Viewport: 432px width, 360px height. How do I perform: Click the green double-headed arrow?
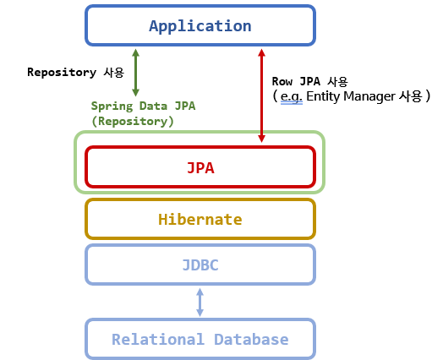[x=135, y=73]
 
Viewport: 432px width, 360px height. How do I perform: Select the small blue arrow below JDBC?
[x=200, y=302]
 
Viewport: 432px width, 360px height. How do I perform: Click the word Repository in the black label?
[x=61, y=73]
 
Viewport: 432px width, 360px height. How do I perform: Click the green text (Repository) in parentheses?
[x=133, y=121]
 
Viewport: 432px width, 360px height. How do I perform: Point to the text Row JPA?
[x=298, y=82]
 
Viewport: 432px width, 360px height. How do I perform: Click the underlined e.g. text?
[x=292, y=97]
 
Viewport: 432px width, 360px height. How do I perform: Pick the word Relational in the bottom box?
[x=152, y=340]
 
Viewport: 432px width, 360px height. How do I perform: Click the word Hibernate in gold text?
[x=200, y=220]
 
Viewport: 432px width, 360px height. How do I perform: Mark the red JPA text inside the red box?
[x=200, y=167]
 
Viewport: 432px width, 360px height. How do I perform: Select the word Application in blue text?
[x=200, y=26]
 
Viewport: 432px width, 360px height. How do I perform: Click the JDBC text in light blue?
[x=200, y=265]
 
